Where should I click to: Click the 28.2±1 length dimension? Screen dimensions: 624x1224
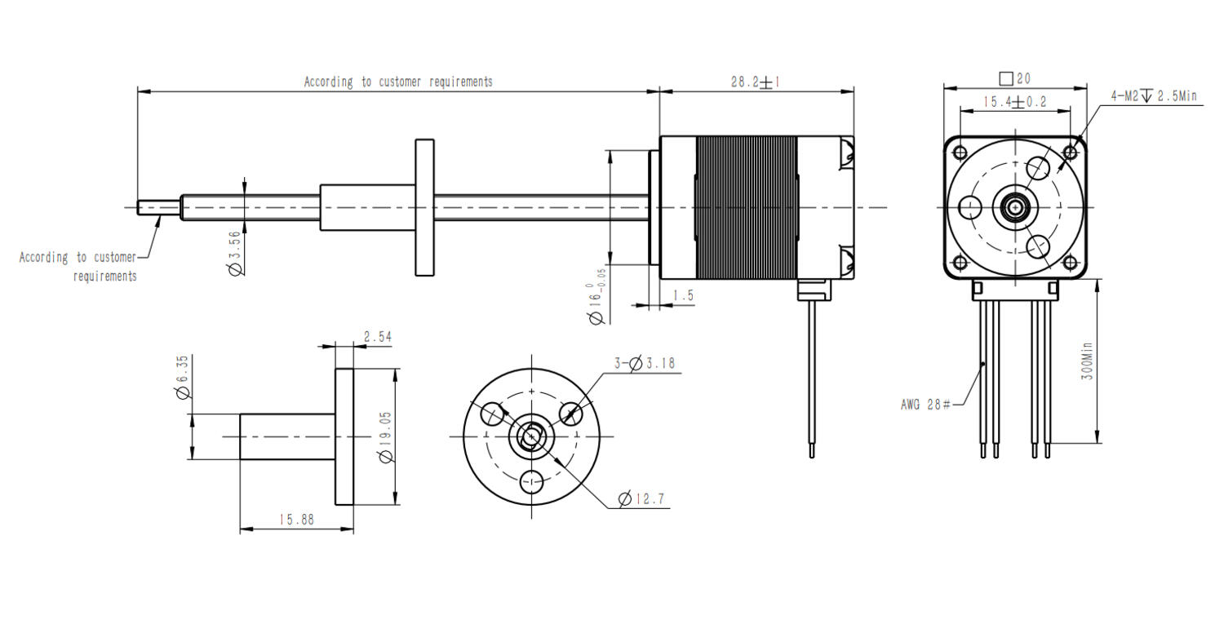[x=755, y=82]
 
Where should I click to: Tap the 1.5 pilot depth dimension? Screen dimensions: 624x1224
[x=684, y=296]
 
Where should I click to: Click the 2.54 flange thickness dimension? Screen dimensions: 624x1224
[x=378, y=336]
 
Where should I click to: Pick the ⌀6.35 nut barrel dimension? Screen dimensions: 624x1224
[x=183, y=376]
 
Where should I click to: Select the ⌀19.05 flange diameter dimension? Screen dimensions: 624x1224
[x=385, y=436]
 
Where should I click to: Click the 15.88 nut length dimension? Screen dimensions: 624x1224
[x=295, y=520]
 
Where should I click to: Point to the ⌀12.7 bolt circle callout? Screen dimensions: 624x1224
[x=641, y=498]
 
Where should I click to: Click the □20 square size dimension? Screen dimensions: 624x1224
[x=1015, y=78]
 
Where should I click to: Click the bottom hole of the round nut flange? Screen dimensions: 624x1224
[x=531, y=481]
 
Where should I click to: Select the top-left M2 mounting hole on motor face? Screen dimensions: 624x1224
[x=960, y=153]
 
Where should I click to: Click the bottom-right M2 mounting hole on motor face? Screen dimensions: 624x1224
[x=1070, y=263]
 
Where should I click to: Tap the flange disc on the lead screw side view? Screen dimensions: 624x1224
[x=425, y=207]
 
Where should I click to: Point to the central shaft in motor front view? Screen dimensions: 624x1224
[x=1015, y=207]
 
